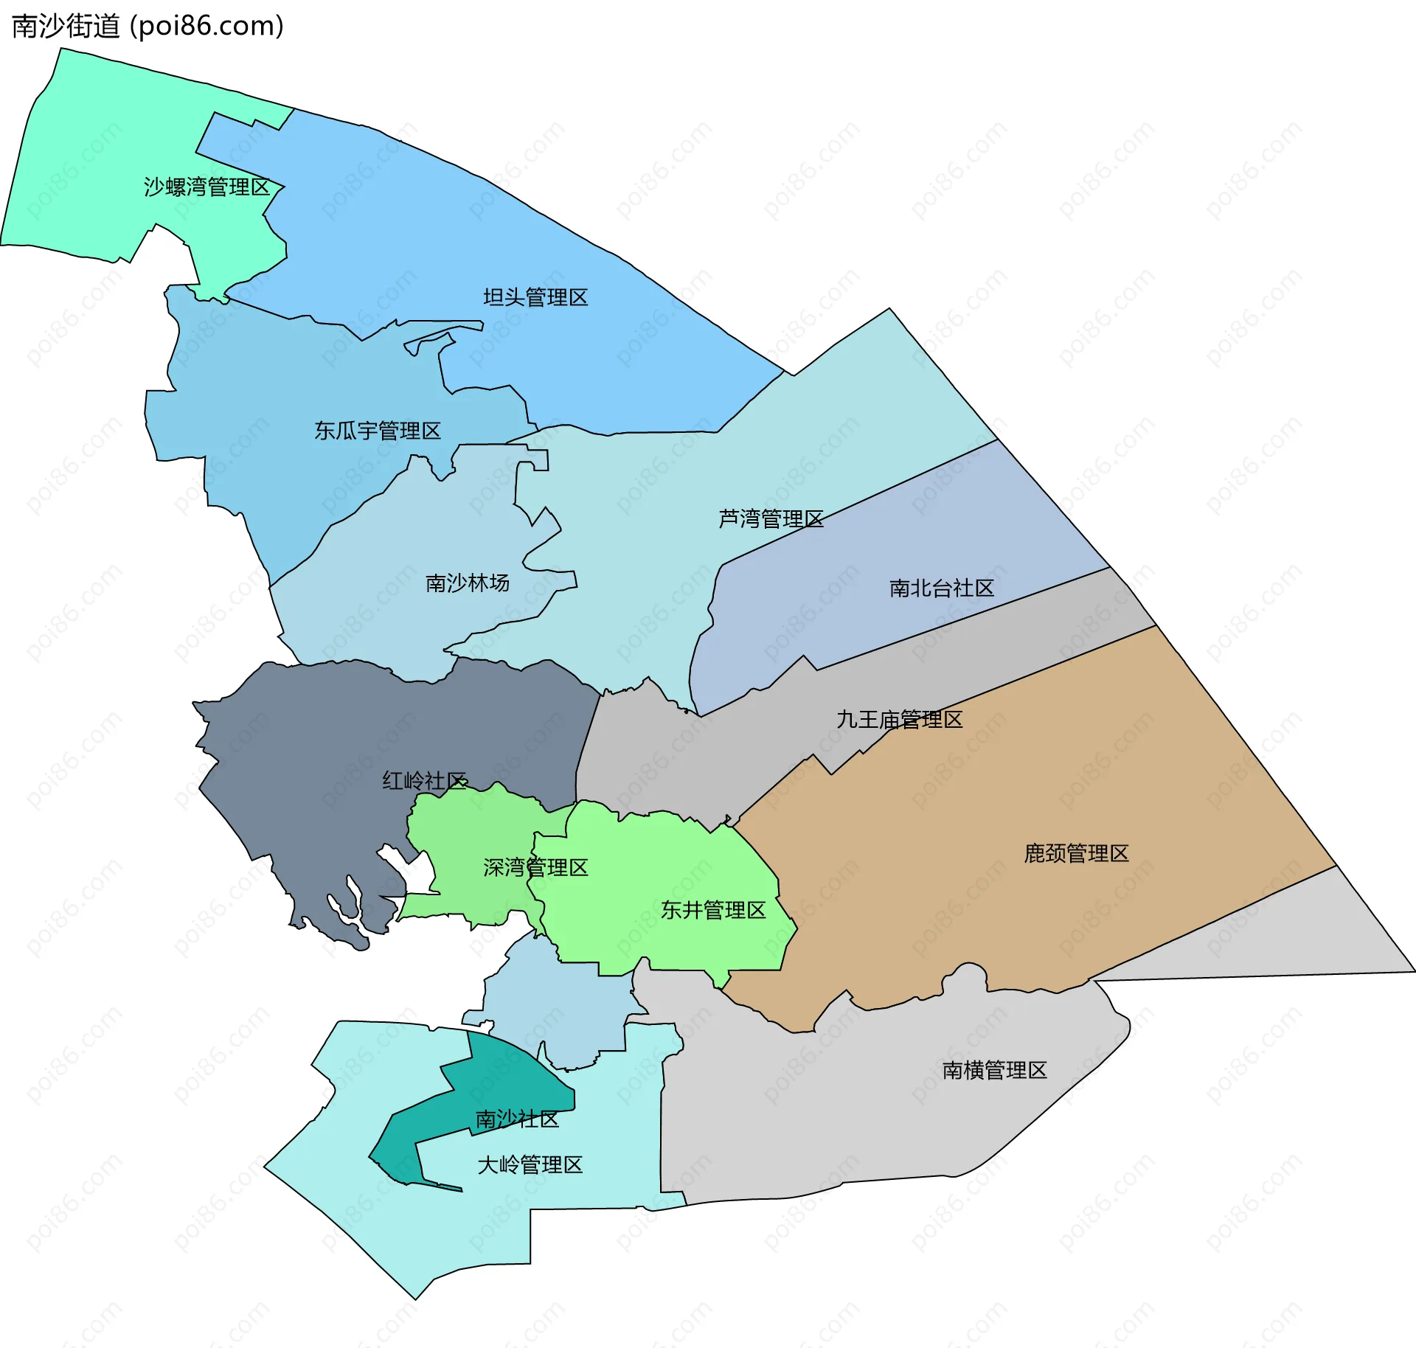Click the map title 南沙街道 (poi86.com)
coord(147,27)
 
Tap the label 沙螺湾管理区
coord(207,187)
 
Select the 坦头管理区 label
coord(535,298)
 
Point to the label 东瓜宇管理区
coord(378,431)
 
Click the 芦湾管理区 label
coord(771,519)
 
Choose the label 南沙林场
coord(468,583)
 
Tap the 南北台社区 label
coord(942,588)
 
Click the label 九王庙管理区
coord(899,720)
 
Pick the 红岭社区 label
coord(425,781)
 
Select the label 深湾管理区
coord(535,868)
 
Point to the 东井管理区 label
coord(713,911)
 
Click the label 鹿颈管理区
coord(1076,854)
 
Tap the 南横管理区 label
coord(994,1071)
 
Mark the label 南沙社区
coord(517,1119)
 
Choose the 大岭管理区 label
coord(530,1165)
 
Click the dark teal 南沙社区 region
coord(509,1077)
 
